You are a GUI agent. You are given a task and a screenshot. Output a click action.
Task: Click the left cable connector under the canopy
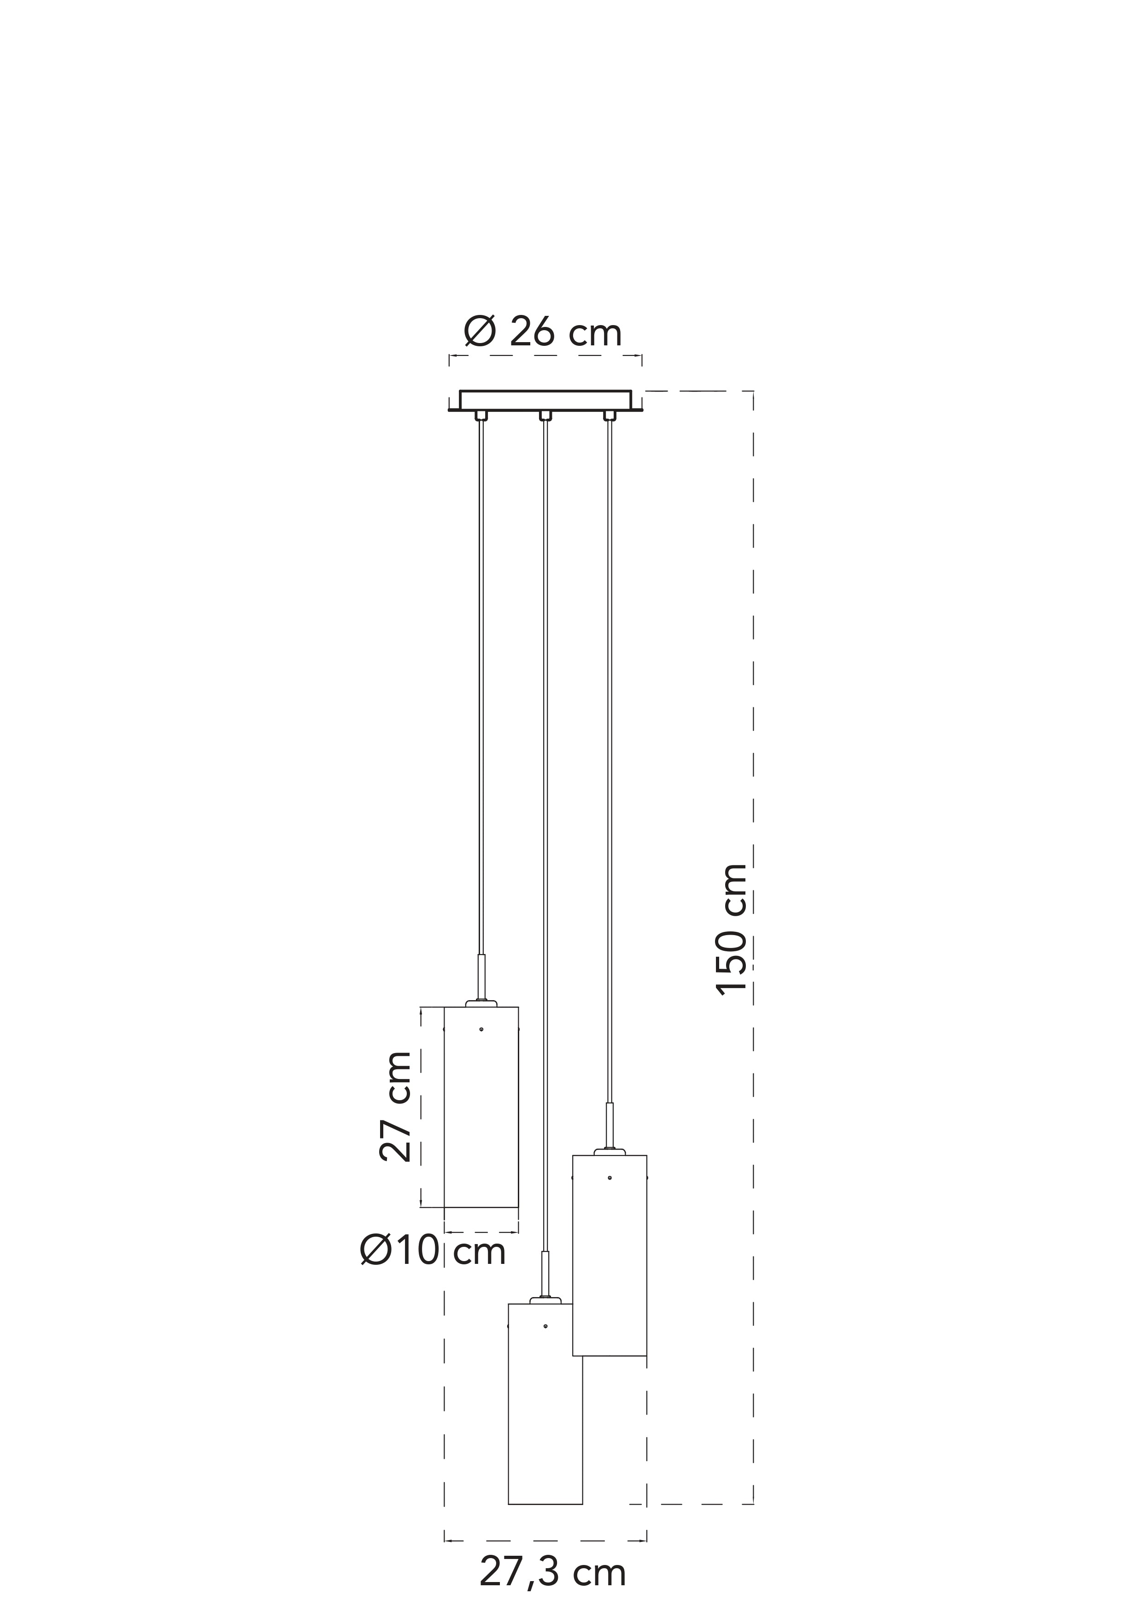pyautogui.click(x=481, y=416)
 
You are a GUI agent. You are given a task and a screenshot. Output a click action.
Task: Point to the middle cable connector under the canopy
pyautogui.click(x=545, y=416)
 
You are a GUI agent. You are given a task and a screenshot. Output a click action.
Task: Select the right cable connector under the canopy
pyautogui.click(x=609, y=416)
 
